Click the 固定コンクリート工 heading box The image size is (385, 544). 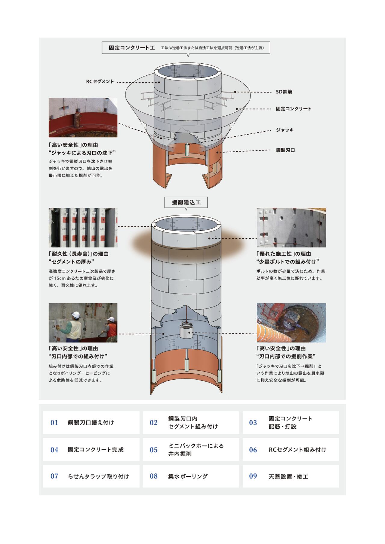[x=186, y=48]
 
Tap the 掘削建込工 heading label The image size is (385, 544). [x=186, y=202]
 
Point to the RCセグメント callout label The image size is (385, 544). [x=100, y=82]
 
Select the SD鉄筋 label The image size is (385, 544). [x=284, y=92]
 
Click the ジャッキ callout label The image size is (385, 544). [x=285, y=130]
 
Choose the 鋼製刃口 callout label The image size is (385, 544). [x=285, y=150]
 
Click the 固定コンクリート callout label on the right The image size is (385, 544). [x=294, y=109]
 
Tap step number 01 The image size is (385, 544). [x=54, y=423]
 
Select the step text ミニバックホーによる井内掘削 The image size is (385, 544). [x=196, y=450]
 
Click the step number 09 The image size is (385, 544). [x=253, y=476]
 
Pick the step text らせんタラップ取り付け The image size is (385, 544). [x=98, y=476]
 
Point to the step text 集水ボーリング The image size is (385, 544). [x=188, y=476]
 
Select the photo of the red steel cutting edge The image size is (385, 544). [x=83, y=117]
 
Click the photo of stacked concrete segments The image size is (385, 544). [x=83, y=228]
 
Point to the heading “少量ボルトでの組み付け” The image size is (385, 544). [x=288, y=262]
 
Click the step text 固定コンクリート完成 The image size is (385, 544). [x=96, y=450]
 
